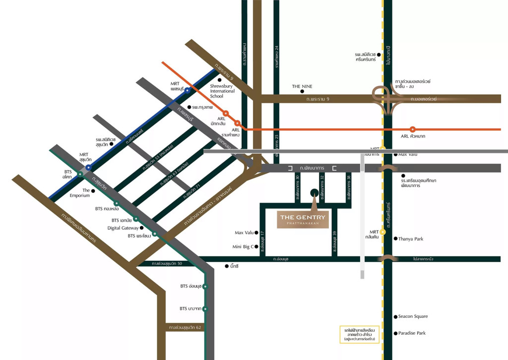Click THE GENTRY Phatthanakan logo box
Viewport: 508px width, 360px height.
tap(303, 219)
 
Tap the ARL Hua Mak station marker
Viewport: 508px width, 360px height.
tap(413, 129)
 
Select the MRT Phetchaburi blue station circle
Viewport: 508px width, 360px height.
tap(187, 91)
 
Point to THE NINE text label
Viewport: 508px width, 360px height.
tap(302, 86)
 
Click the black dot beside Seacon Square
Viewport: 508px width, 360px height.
tap(394, 316)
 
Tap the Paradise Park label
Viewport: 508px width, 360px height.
tap(412, 333)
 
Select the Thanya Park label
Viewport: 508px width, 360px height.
tap(411, 239)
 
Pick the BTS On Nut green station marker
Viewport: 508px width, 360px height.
tap(205, 287)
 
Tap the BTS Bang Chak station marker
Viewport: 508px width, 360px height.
tap(205, 309)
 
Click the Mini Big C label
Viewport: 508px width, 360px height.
tap(243, 246)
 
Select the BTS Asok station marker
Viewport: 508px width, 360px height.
tap(80, 174)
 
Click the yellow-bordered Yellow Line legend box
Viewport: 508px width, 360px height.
tap(359, 335)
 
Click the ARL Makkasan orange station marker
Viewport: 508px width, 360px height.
tap(226, 113)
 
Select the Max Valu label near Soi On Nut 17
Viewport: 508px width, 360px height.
tap(244, 233)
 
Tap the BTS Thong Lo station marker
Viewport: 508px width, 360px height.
tap(116, 203)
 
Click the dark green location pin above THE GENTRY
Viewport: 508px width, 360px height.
tap(314, 193)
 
